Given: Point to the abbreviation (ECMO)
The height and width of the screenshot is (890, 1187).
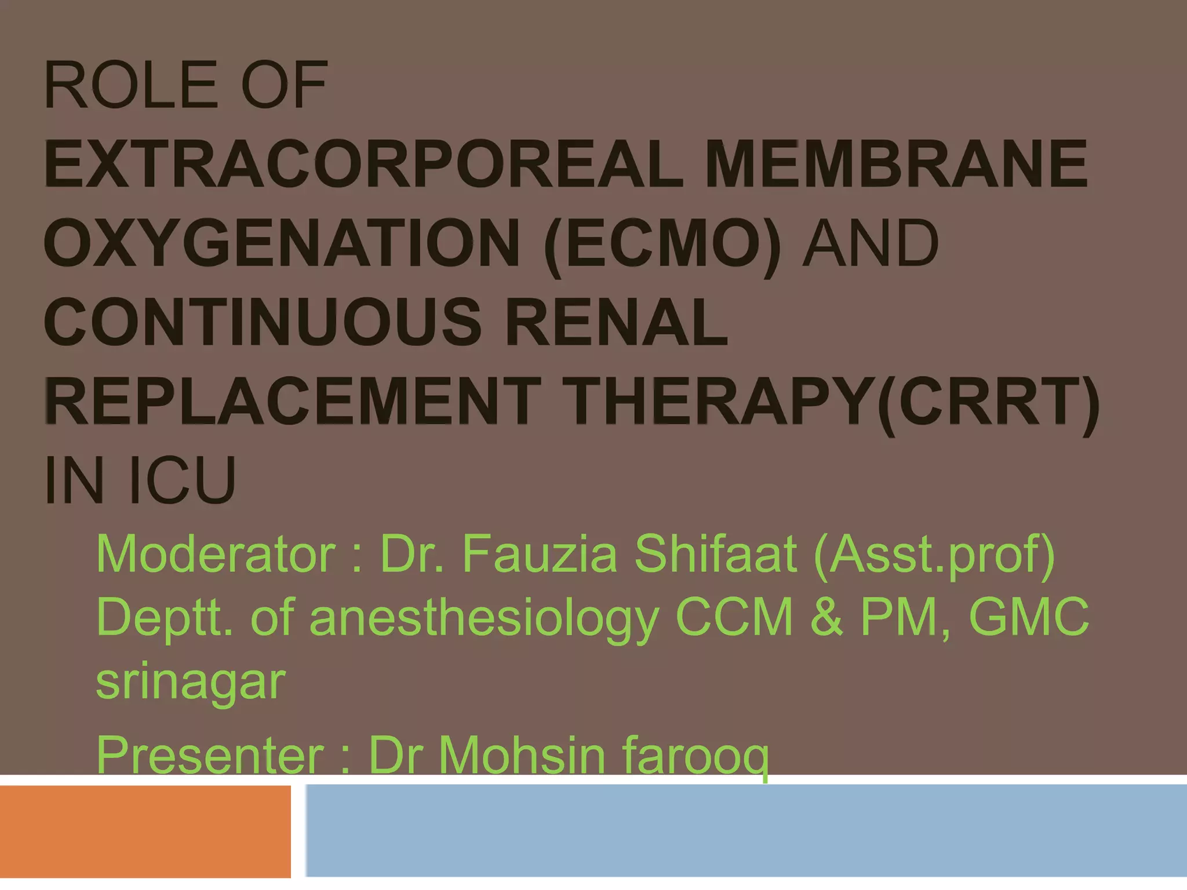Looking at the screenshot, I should (662, 245).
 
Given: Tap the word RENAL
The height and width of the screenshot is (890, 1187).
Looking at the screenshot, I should (616, 323).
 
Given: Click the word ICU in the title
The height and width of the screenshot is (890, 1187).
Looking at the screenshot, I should (183, 481).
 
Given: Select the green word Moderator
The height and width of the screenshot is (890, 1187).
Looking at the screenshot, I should (216, 555).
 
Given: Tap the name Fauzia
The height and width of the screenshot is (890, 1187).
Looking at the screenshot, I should (539, 555).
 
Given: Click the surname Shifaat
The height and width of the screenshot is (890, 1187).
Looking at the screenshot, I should (715, 555).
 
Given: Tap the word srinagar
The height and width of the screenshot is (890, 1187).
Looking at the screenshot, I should (191, 682).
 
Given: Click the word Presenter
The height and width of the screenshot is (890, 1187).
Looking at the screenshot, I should (210, 754).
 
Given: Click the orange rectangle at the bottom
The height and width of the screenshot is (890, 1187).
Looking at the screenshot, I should (145, 831).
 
